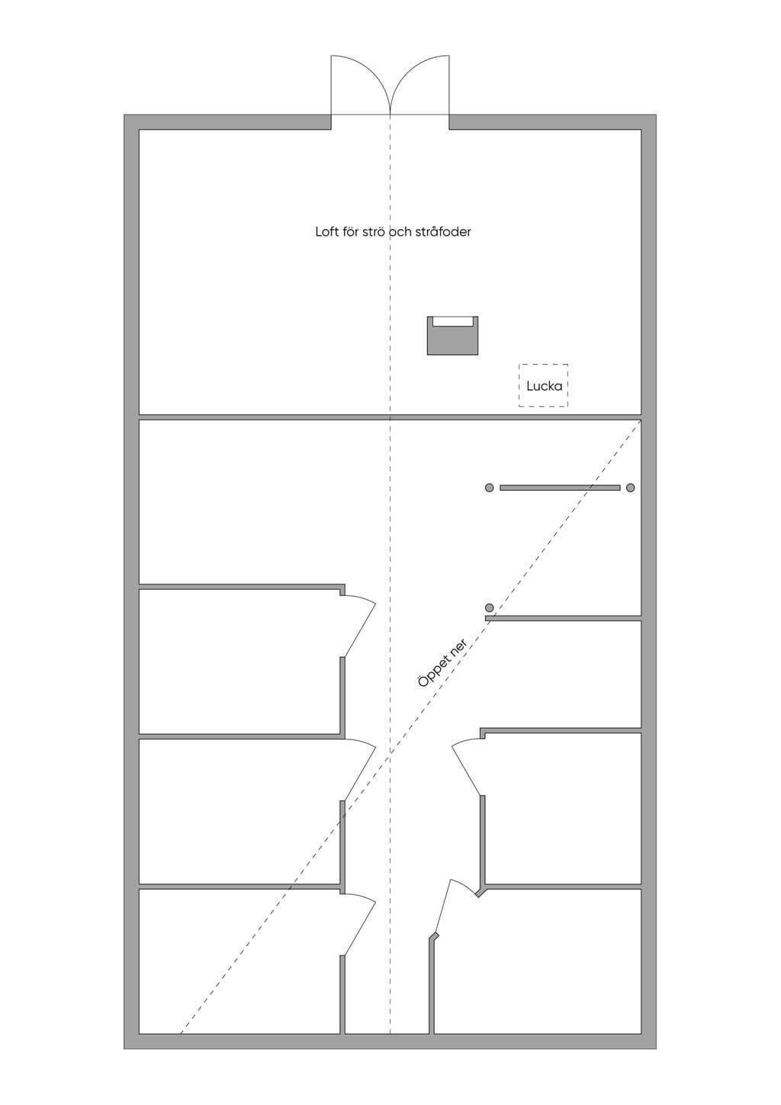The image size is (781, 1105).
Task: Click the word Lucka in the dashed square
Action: coord(544,386)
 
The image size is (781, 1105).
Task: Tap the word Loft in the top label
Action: coord(328,231)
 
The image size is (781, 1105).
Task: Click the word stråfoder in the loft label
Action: coord(443,231)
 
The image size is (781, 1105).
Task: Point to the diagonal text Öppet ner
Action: coord(442,662)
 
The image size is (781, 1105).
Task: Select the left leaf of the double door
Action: coord(361,85)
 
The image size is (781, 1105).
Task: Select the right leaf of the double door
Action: coord(419,85)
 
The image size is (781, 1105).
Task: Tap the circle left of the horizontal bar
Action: coord(489,488)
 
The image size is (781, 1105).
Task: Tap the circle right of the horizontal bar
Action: coord(630,488)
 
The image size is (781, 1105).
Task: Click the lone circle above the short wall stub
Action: coord(489,607)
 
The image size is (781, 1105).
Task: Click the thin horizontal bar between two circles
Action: coord(560,488)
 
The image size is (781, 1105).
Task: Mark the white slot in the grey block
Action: coord(452,321)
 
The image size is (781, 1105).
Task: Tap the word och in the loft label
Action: coord(402,231)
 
